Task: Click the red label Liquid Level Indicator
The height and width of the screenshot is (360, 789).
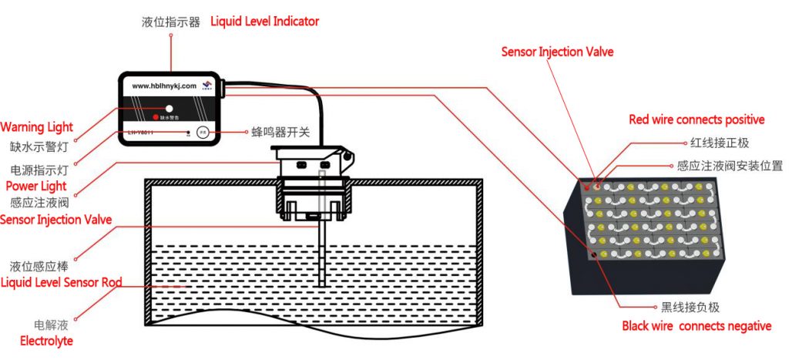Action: [264, 22]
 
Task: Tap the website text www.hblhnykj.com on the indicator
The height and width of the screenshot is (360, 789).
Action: [164, 86]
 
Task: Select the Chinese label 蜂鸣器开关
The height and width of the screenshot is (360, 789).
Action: [281, 133]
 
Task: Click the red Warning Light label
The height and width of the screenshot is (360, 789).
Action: [37, 127]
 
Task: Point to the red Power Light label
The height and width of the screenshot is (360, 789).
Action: [36, 186]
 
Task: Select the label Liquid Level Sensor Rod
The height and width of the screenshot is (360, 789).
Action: [61, 282]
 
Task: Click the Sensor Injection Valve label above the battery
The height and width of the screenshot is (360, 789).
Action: [557, 52]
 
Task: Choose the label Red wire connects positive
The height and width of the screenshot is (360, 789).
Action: [697, 119]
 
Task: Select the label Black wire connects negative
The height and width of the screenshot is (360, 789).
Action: [697, 326]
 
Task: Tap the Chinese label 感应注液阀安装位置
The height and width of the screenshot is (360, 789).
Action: [730, 166]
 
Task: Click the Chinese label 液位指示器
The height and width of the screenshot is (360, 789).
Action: [171, 22]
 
